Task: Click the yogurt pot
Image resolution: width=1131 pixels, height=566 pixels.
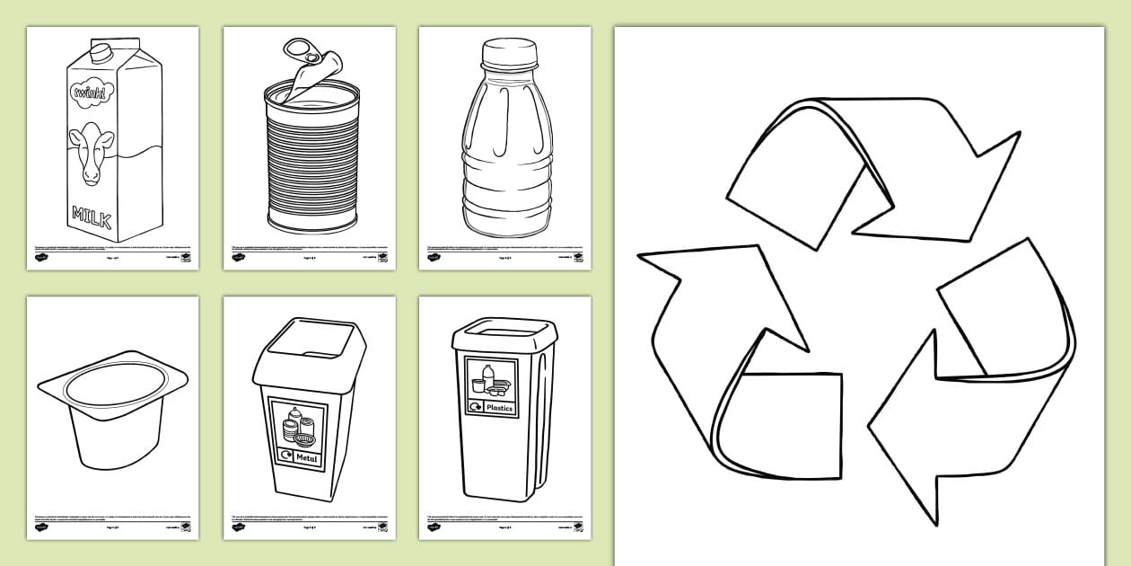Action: [x=112, y=413]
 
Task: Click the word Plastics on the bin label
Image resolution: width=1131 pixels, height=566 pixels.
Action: [x=499, y=408]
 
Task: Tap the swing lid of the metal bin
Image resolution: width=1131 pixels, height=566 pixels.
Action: [x=308, y=346]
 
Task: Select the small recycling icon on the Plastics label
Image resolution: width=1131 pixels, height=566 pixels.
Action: [x=475, y=408]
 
